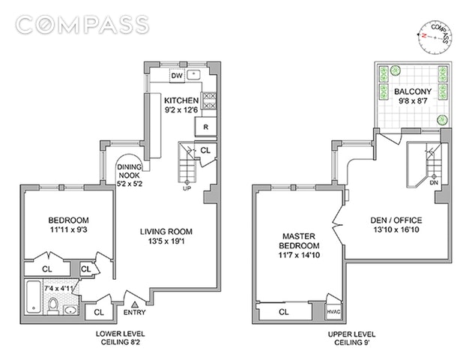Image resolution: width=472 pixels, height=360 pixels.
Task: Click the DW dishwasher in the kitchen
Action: click(177, 75)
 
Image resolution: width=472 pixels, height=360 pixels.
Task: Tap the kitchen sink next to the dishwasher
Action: click(194, 74)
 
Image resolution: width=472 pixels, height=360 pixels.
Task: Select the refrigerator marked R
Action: click(206, 127)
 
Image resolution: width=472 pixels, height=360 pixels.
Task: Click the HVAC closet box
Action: click(333, 312)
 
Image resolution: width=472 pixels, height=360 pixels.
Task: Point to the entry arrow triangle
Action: click(135, 304)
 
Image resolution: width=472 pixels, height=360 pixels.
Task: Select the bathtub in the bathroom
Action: click(33, 297)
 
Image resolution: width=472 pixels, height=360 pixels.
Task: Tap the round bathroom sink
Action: click(70, 310)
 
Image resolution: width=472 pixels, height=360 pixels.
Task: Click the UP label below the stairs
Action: click(187, 188)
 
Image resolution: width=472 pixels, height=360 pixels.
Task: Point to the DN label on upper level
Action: click(434, 182)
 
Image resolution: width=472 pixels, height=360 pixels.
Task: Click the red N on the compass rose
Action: click(424, 35)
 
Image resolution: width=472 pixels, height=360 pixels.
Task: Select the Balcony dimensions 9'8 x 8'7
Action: click(413, 101)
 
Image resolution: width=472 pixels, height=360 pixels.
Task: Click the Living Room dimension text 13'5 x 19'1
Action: click(166, 241)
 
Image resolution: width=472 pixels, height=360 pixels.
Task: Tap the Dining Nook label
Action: click(129, 171)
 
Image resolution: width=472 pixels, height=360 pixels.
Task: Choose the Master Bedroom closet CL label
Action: click(283, 312)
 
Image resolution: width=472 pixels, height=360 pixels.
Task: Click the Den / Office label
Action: click(396, 220)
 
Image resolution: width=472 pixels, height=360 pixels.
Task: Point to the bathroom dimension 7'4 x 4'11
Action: click(59, 288)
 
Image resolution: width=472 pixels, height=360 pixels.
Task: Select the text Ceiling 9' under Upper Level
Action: click(352, 343)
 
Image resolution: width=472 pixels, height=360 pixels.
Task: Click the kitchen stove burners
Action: click(209, 100)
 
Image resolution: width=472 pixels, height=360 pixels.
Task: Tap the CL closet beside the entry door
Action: click(99, 313)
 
